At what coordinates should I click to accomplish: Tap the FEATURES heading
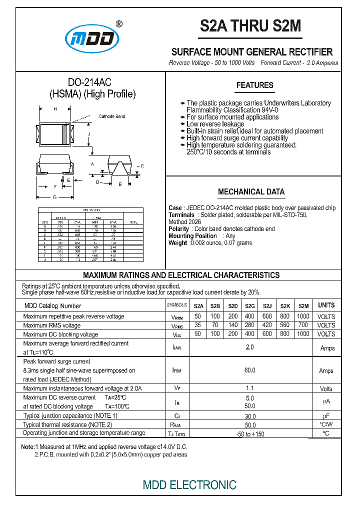[x=254, y=85]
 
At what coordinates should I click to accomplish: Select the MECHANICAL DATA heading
[x=251, y=192]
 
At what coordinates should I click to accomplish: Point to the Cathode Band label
[x=112, y=116]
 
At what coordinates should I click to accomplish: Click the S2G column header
[x=250, y=306]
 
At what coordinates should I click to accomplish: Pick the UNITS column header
[x=326, y=305]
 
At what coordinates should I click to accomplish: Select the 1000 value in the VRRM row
[x=303, y=316]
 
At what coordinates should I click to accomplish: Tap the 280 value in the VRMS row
[x=250, y=325]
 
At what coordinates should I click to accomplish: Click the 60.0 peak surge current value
[x=250, y=370]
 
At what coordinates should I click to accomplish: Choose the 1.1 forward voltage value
[x=250, y=388]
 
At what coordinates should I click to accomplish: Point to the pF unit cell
[x=326, y=416]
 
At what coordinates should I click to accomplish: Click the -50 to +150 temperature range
[x=250, y=433]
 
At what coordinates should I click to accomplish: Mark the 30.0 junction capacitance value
[x=250, y=416]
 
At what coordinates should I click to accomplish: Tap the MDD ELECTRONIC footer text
[x=189, y=484]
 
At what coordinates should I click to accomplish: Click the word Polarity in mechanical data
[x=179, y=229]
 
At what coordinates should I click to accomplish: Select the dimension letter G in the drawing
[x=55, y=197]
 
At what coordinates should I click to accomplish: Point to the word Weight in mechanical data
[x=177, y=243]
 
